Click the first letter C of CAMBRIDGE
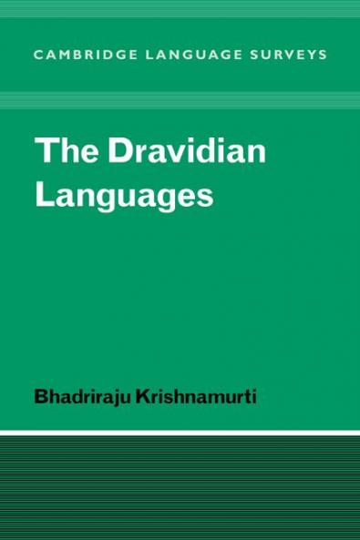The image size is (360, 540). click(39, 55)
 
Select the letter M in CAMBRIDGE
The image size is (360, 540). click(64, 55)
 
